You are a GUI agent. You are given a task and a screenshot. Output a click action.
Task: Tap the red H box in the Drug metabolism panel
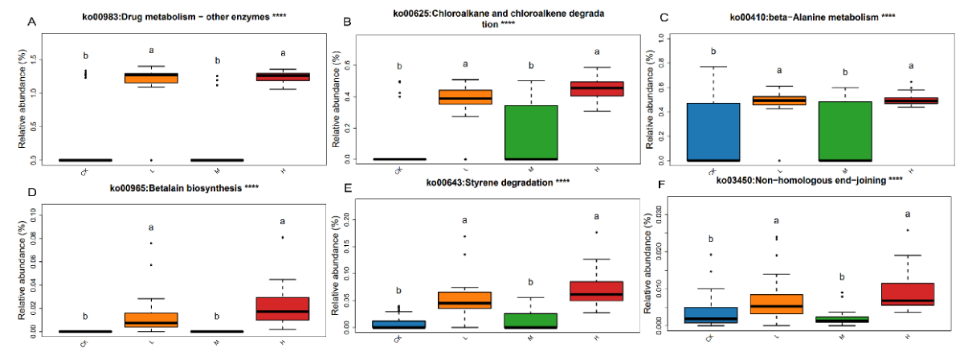284,76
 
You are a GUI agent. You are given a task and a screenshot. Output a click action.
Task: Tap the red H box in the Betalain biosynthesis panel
284,309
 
